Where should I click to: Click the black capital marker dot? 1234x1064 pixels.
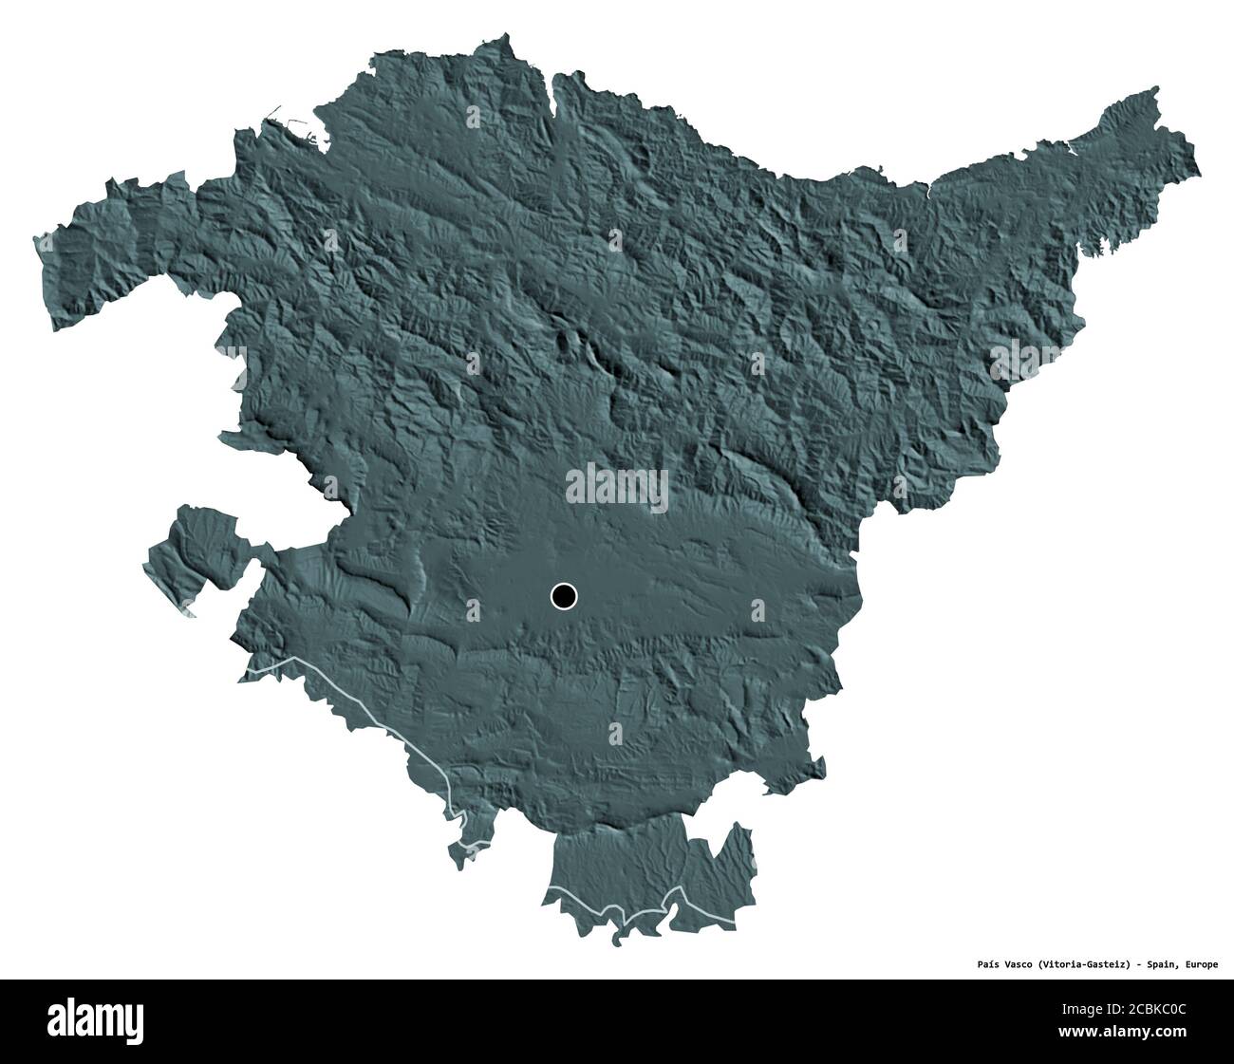pyautogui.click(x=563, y=596)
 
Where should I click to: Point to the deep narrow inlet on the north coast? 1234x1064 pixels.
pyautogui.click(x=553, y=95)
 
